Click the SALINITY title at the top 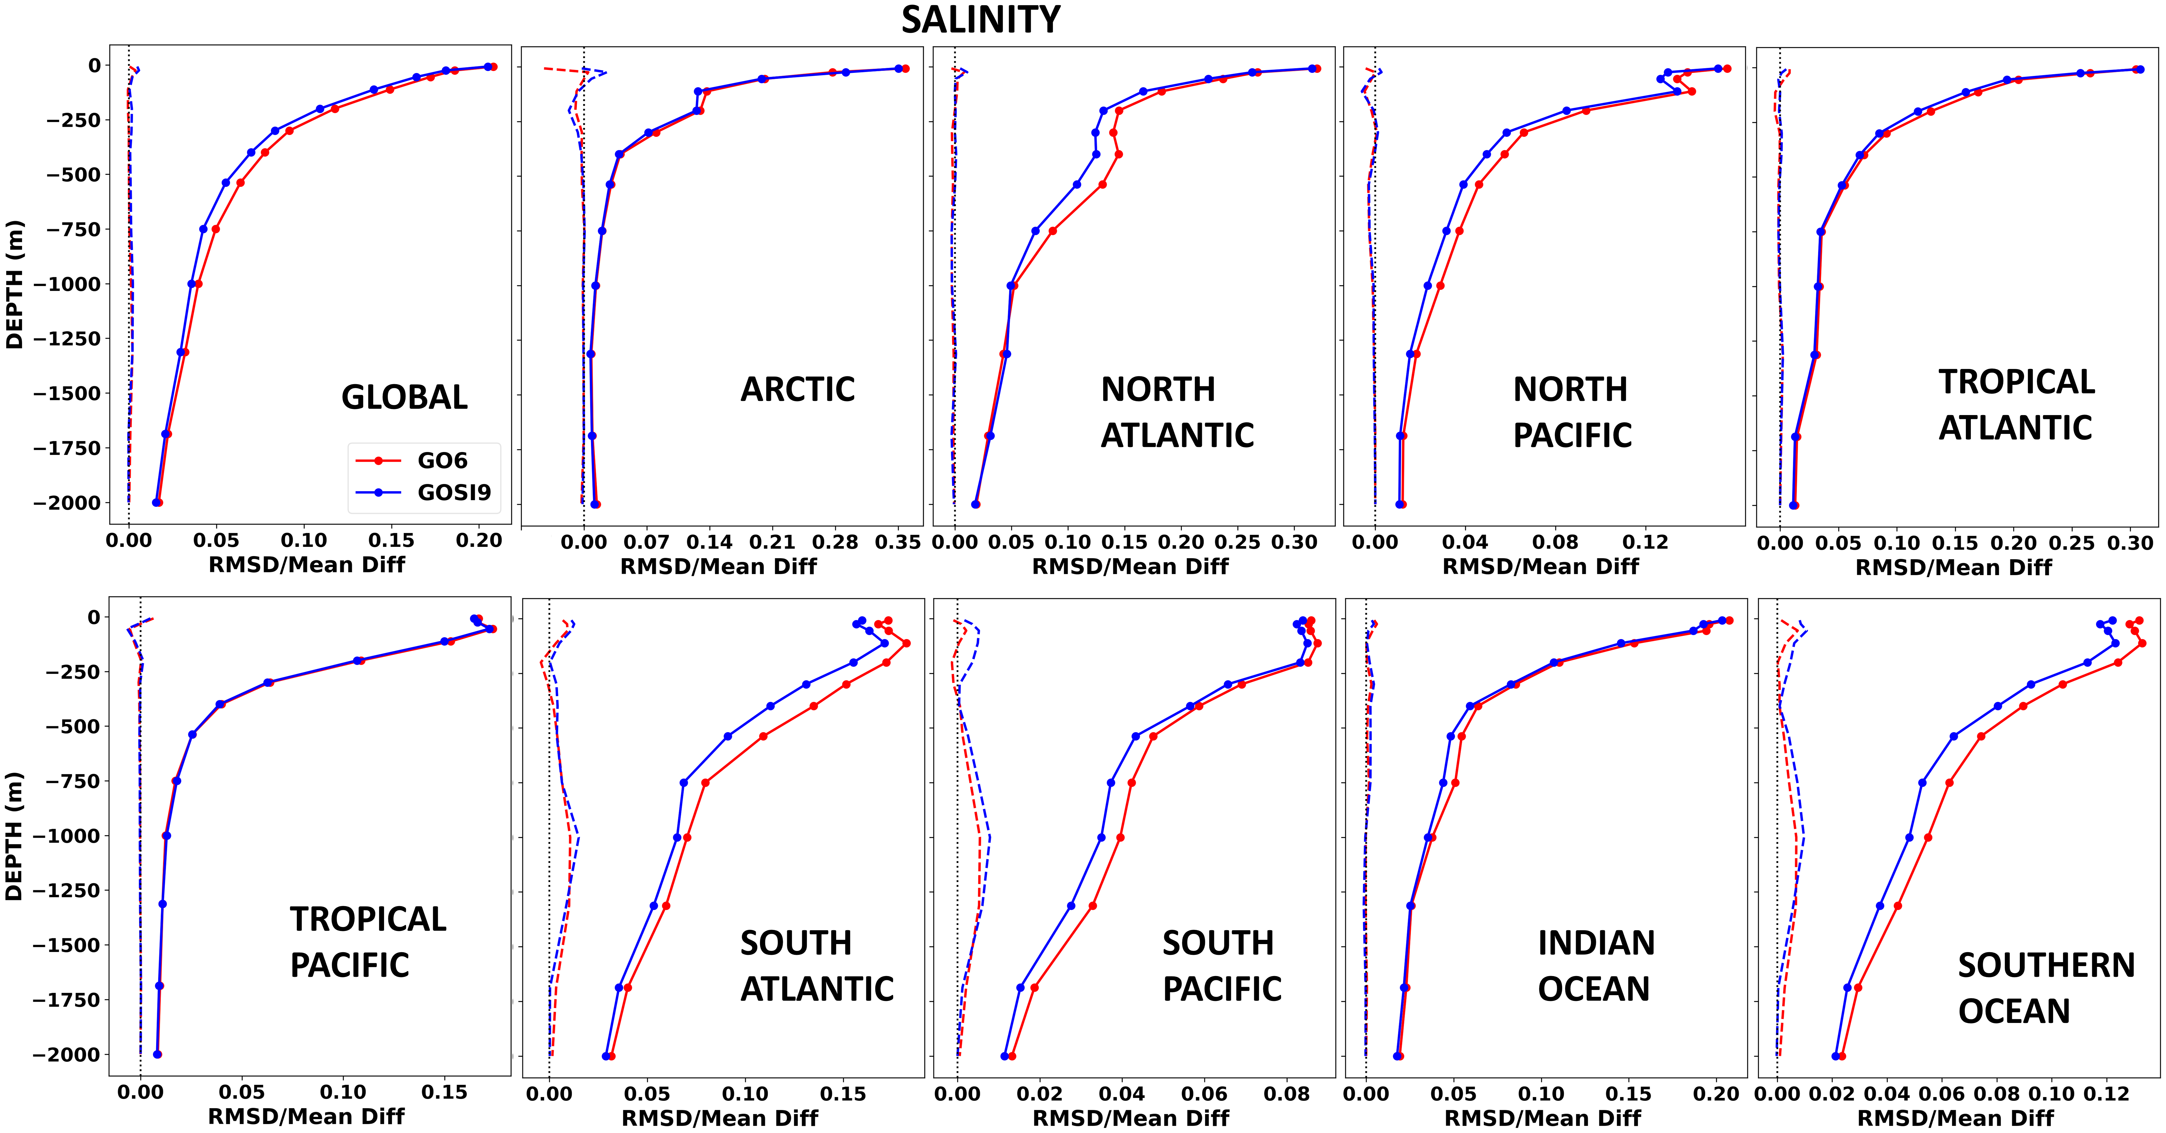(980, 20)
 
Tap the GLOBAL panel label (405, 397)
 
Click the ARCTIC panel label (797, 389)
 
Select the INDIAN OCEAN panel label (1595, 966)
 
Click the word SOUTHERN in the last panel (2046, 966)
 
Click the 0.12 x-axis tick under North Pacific (1645, 543)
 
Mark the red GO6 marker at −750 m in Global (215, 229)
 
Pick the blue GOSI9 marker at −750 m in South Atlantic (684, 783)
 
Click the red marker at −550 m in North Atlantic (1102, 184)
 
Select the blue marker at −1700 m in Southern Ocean (1847, 988)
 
